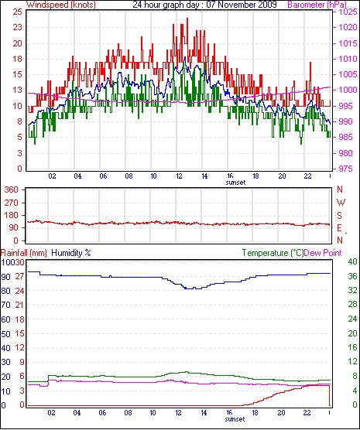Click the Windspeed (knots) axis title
tap(60, 5)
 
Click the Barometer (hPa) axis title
tap(317, 5)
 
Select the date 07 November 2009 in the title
tap(242, 5)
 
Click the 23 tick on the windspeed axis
tap(16, 27)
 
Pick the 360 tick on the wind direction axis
tap(12, 189)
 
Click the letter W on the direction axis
tap(341, 203)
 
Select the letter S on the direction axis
tap(339, 216)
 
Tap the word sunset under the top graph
tap(235, 183)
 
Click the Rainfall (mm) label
tap(24, 253)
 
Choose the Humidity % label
tap(71, 253)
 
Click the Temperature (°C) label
tap(273, 253)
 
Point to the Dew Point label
tap(323, 253)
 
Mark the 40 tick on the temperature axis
tap(352, 262)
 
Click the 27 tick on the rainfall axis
tap(19, 276)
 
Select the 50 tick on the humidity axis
tap(5, 334)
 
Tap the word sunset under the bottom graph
tap(235, 419)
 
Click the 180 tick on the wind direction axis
tap(12, 216)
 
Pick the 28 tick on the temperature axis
tap(352, 304)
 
